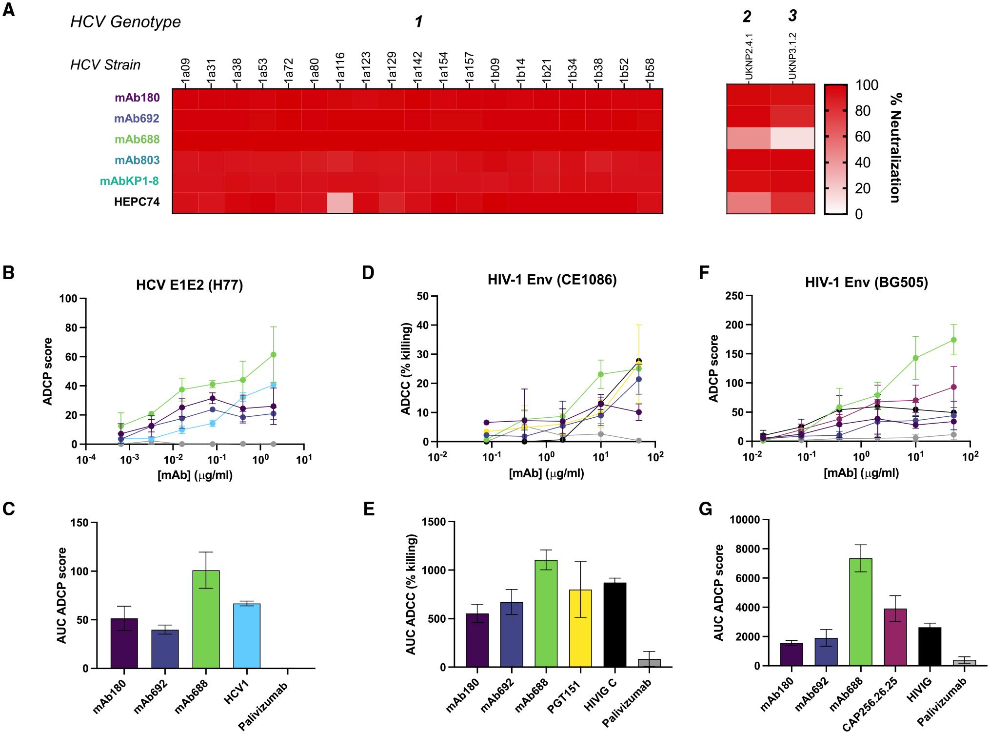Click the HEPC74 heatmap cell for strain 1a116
[x=340, y=203]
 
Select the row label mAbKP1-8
[x=130, y=181]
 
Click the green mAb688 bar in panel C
[x=206, y=619]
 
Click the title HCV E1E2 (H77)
[x=190, y=285]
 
